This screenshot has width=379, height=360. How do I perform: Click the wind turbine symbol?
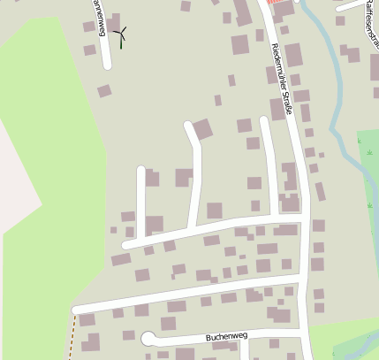(123, 34)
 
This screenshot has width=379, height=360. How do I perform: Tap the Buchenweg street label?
(226, 337)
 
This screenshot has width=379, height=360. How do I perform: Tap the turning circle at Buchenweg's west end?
(148, 337)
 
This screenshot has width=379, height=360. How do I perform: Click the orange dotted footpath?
(72, 336)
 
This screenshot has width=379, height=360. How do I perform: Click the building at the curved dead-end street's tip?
(203, 129)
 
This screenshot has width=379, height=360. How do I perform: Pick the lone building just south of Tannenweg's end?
(104, 90)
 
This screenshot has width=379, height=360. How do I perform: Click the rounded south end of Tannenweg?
(107, 65)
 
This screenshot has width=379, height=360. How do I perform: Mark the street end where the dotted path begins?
(77, 310)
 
